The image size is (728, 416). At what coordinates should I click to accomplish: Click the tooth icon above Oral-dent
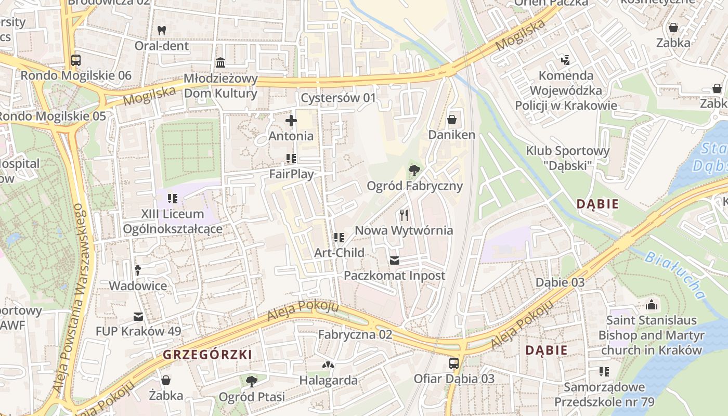[162, 30]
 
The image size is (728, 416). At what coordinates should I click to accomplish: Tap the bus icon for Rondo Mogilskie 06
[76, 60]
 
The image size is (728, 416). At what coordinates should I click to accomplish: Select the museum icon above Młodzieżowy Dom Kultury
[220, 63]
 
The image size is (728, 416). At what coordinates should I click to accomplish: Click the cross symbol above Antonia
[291, 121]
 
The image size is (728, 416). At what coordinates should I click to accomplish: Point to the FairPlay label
[291, 174]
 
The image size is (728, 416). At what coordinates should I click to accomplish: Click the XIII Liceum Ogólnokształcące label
[173, 222]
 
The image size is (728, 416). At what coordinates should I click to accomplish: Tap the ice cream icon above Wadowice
[138, 270]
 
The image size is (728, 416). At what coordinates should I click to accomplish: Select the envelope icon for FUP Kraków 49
[138, 316]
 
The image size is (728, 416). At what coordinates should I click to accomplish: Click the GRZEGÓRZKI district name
[207, 355]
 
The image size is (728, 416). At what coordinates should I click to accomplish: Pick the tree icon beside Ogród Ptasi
[251, 382]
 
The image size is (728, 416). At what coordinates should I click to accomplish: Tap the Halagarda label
[328, 380]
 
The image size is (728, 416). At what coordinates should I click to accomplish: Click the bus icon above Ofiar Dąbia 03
[454, 363]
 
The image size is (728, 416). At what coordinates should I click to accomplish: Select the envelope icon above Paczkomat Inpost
[395, 260]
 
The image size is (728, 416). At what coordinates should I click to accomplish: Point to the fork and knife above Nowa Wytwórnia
[404, 215]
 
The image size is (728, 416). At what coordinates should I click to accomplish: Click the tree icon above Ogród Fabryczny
[414, 170]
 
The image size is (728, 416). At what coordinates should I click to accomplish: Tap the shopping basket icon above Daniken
[452, 120]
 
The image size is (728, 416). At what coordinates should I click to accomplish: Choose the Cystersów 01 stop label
[339, 98]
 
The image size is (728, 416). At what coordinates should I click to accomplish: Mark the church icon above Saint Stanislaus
[651, 305]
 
